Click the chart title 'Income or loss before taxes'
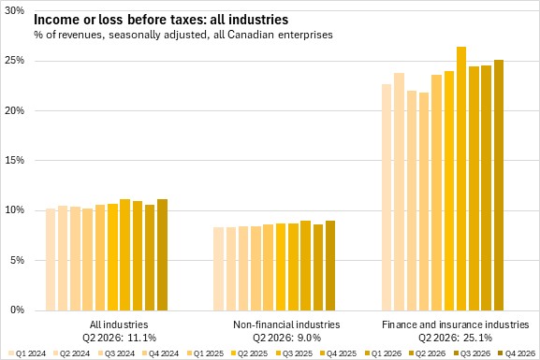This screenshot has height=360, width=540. point(119,20)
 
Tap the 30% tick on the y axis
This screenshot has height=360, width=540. point(14,10)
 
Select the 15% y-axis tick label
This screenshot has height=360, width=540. point(14,160)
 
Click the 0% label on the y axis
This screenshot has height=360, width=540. point(17,310)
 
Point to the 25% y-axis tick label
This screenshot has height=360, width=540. point(14,61)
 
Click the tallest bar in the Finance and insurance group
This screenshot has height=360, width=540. point(461,179)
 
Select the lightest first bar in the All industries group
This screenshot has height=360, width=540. point(51,260)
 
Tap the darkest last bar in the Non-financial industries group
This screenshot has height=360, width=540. point(330,266)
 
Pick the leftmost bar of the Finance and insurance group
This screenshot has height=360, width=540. point(387,197)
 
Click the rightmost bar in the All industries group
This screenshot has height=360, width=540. point(162,254)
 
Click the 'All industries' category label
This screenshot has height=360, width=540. point(119,324)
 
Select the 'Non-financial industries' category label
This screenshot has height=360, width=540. point(286,324)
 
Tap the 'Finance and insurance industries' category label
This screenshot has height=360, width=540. point(455,324)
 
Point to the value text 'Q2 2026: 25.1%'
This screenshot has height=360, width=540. point(455,338)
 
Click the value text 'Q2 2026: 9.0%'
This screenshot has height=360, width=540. point(286,338)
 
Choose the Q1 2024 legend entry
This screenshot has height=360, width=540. point(27,353)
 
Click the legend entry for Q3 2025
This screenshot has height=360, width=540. point(295,353)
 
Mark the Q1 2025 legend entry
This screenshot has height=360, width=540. point(205,353)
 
